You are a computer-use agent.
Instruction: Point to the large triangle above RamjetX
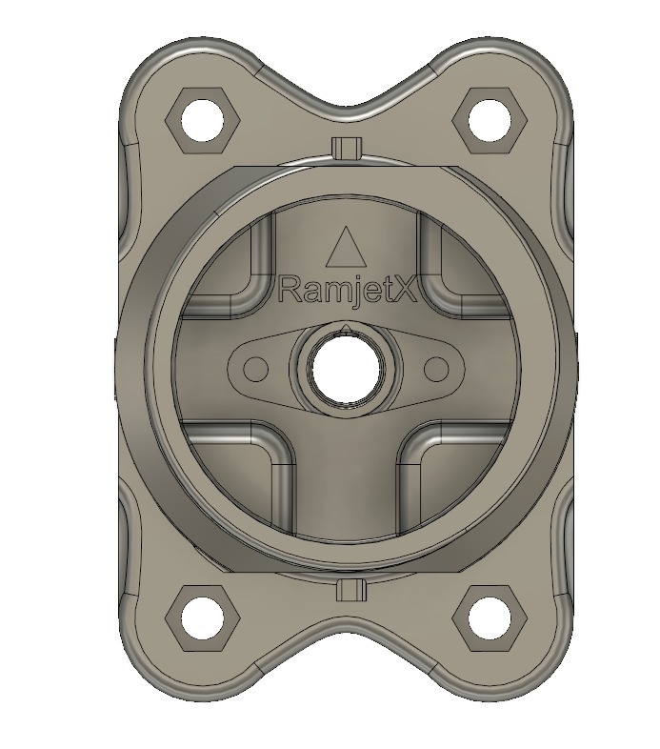point(345,249)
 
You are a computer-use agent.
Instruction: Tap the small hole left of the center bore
point(255,369)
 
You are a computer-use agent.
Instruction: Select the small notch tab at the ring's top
point(348,147)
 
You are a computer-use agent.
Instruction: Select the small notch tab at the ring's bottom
point(350,590)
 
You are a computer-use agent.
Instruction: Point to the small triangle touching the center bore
point(346,329)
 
